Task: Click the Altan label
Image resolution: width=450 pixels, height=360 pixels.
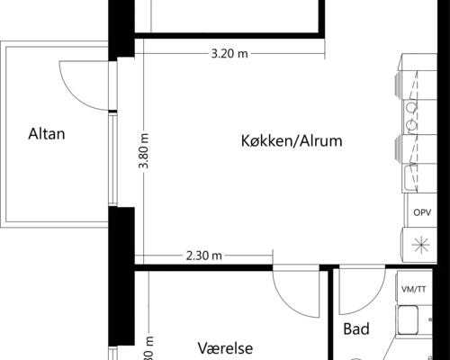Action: pos(47,135)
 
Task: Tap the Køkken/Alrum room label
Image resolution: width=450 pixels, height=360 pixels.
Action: pos(292,141)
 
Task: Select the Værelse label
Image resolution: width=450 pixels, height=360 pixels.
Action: pos(226,348)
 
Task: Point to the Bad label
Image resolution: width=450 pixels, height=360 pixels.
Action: pos(356,329)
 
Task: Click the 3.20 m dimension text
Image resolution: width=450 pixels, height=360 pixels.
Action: pos(229,53)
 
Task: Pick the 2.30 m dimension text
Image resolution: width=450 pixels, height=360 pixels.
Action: pos(203,256)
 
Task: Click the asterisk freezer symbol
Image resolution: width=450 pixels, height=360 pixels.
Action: pos(420,242)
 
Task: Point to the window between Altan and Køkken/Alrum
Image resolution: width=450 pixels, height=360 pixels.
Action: pos(112,162)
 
